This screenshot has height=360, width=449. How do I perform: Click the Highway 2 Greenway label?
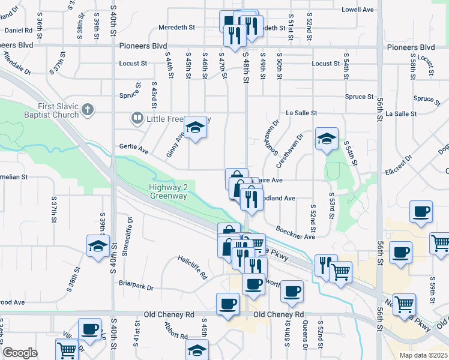(x=169, y=191)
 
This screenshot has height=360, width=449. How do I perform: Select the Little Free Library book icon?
(x=137, y=119)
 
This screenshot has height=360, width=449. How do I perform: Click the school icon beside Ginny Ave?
(x=194, y=128)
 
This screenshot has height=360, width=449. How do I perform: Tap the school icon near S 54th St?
(x=327, y=139)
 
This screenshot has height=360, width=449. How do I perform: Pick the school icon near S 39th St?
(x=98, y=246)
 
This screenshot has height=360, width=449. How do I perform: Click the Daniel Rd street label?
(x=18, y=30)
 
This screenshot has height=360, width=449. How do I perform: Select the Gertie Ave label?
(x=133, y=148)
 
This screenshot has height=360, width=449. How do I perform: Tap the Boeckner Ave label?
(x=295, y=233)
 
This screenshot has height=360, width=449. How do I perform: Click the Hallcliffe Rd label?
(x=192, y=268)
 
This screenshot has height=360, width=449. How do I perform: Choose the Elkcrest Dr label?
(x=399, y=163)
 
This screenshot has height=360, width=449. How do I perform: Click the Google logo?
(x=20, y=353)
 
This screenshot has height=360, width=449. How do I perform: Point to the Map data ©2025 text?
(x=422, y=355)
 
